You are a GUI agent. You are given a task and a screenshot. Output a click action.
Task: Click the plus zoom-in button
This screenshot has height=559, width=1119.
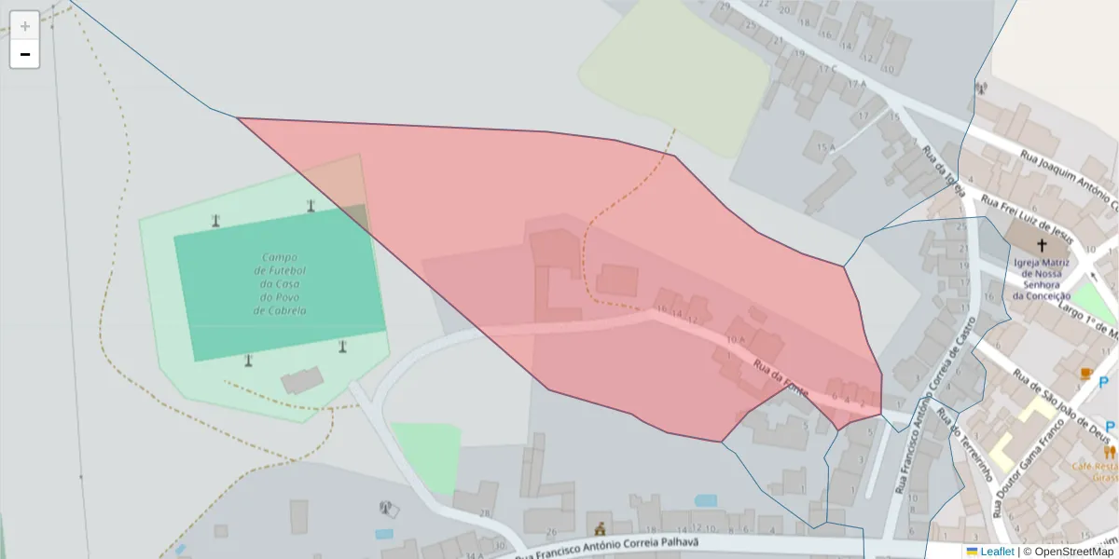[x=25, y=25]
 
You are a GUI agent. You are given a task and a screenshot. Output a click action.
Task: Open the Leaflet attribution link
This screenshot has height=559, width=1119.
[x=996, y=552]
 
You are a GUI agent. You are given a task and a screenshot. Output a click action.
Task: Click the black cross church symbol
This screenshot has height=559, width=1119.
[x=1041, y=244]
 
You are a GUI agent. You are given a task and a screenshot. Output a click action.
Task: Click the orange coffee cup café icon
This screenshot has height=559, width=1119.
[x=1085, y=374]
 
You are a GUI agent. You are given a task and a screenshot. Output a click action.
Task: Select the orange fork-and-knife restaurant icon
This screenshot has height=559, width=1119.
[x=1109, y=453]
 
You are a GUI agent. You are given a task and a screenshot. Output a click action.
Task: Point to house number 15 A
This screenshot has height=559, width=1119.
[x=825, y=147]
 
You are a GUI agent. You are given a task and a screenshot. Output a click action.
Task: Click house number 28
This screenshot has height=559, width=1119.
[x=485, y=513]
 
